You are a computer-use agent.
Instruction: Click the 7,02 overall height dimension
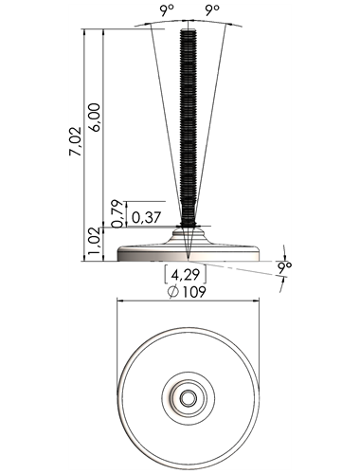pyautogui.click(x=75, y=141)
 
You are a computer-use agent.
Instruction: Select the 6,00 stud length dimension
pyautogui.click(x=95, y=118)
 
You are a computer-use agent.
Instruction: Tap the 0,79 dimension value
pyautogui.click(x=117, y=213)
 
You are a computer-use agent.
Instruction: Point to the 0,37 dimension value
pyautogui.click(x=147, y=218)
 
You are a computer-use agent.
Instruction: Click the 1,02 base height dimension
pyautogui.click(x=94, y=242)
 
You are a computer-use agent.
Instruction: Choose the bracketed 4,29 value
pyautogui.click(x=186, y=274)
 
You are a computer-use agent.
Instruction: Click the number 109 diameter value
pyautogui.click(x=194, y=292)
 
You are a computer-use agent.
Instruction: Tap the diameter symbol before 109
pyautogui.click(x=173, y=292)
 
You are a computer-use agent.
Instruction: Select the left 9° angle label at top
pyautogui.click(x=167, y=11)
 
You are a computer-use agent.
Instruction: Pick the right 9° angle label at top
pyautogui.click(x=212, y=11)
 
